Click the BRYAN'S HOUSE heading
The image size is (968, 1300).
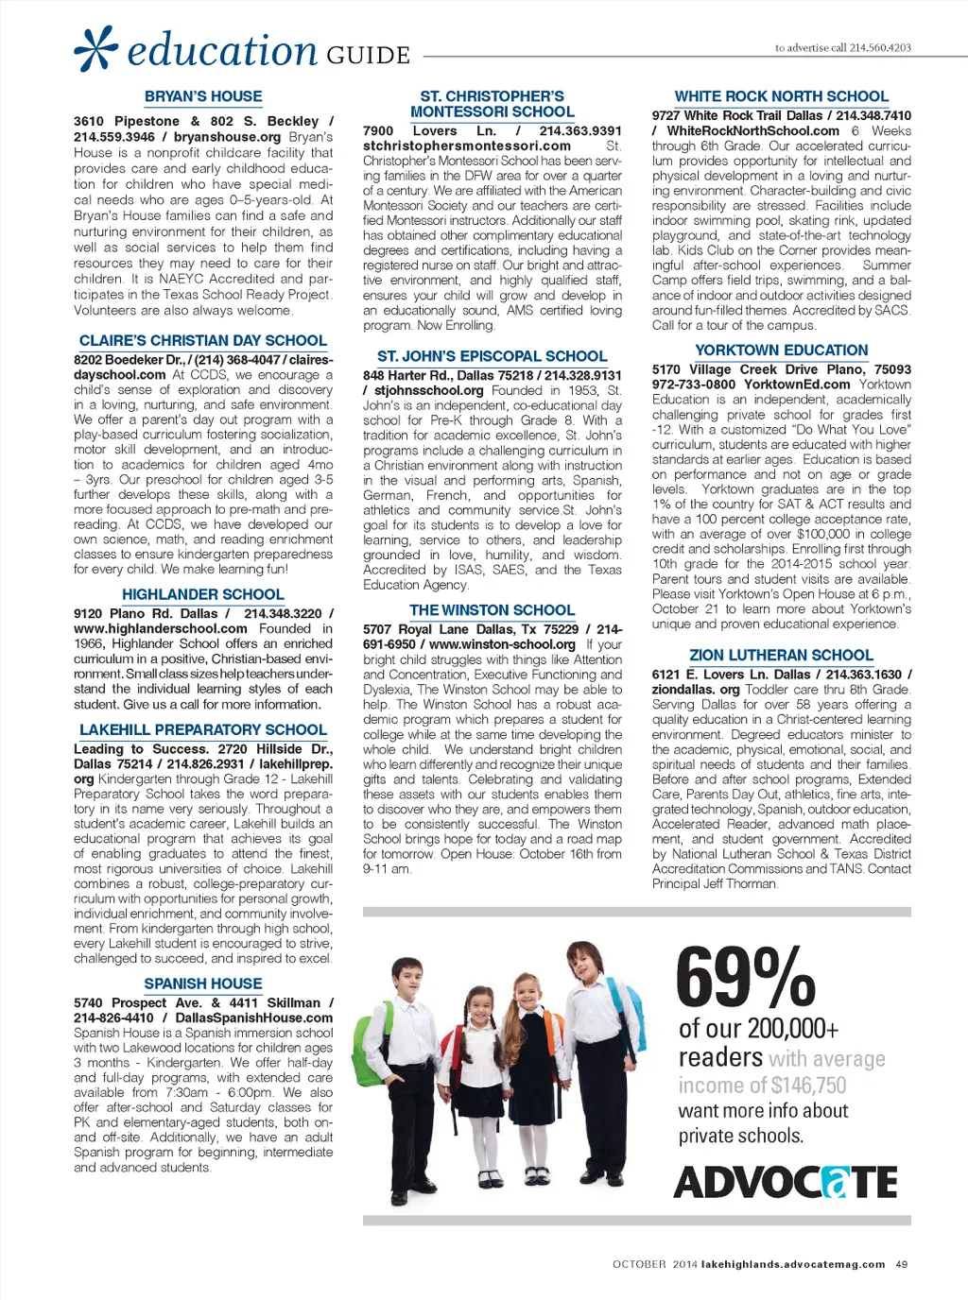(203, 96)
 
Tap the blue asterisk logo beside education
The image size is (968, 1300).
(96, 48)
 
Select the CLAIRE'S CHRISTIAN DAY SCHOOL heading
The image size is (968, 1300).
(203, 340)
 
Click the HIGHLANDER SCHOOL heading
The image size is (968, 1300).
(203, 594)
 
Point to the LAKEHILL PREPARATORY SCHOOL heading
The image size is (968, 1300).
(203, 729)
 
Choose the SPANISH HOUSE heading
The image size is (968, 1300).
(203, 984)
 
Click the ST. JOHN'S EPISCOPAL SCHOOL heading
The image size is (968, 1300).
(492, 356)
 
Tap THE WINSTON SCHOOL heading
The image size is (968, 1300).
(492, 610)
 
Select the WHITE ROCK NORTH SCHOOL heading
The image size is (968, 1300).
(781, 96)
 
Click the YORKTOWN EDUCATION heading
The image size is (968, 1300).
(781, 350)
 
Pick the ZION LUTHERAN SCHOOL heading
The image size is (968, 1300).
(781, 655)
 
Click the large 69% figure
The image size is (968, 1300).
(746, 979)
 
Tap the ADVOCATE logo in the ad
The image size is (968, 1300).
(786, 1182)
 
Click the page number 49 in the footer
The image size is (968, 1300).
(902, 1264)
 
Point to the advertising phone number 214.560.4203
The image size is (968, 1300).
(880, 47)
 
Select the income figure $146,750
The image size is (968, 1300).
(808, 1086)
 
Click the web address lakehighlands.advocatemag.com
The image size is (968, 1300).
(793, 1264)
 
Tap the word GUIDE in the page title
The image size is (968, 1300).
(369, 55)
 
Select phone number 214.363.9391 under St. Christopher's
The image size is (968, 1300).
(580, 131)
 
